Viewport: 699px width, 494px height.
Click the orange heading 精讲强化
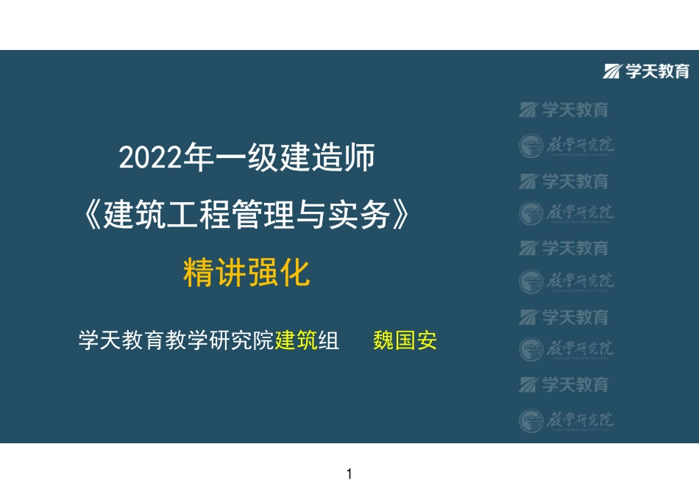point(246,273)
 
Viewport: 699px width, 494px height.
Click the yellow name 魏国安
point(405,341)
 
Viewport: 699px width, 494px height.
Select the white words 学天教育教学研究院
point(176,341)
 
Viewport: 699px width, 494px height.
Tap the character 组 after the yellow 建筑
point(329,341)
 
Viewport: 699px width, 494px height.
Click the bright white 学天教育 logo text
point(657,71)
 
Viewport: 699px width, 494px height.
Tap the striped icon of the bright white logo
point(612,71)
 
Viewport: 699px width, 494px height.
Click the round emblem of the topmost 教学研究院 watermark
point(531,146)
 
